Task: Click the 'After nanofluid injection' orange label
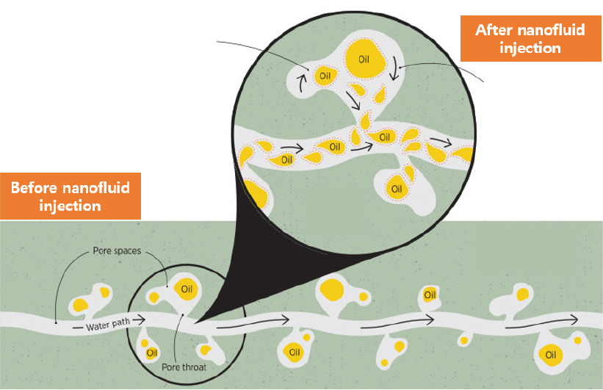531,38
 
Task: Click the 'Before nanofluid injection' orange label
71,196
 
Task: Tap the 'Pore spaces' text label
117,250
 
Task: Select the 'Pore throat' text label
184,367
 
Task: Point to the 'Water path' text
108,325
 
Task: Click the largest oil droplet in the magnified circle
364,59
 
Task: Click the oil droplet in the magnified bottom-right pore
396,188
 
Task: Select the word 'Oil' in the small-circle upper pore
187,289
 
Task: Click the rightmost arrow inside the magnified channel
441,142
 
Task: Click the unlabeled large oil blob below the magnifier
332,289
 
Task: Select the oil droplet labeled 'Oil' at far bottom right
551,354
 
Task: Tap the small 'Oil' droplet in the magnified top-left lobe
325,76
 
